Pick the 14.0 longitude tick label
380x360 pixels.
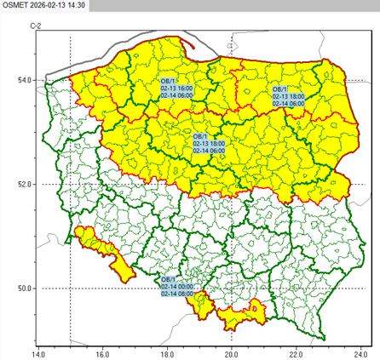click(37, 351)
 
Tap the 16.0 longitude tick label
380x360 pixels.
click(101, 351)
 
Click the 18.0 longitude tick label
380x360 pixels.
click(166, 351)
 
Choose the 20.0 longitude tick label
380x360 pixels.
click(231, 351)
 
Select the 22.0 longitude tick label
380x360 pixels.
click(296, 351)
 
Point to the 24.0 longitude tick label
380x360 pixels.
click(360, 351)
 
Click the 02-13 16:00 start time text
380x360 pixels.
click(177, 88)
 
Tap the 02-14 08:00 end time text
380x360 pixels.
click(177, 294)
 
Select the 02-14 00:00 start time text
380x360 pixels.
click(177, 286)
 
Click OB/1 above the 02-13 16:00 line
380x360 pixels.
click(168, 80)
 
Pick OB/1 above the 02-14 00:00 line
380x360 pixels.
click(168, 279)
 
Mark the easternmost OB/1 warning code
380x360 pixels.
click(280, 89)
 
